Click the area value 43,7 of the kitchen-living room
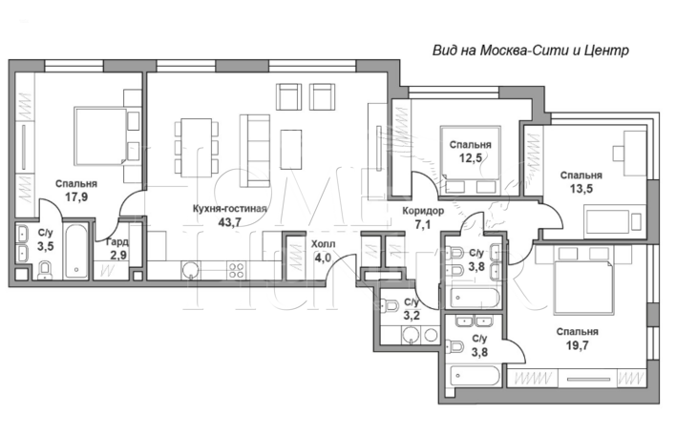tap(230, 222)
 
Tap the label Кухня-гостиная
tap(230, 209)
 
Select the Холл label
tap(324, 244)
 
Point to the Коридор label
tap(423, 211)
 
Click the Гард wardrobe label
tap(117, 242)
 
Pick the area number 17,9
tap(76, 197)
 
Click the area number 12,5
tap(471, 158)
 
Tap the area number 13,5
tap(581, 188)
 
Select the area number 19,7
tap(578, 345)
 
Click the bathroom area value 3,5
tap(45, 247)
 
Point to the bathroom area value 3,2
tap(412, 316)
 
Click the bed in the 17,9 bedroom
tap(101, 136)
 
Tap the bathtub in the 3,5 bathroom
tap(76, 252)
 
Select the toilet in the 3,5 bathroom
tap(45, 271)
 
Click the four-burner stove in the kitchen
tap(236, 271)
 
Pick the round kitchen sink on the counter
tap(190, 271)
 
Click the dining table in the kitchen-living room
tap(197, 148)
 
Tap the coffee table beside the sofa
tap(291, 149)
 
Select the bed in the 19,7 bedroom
tap(583, 286)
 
